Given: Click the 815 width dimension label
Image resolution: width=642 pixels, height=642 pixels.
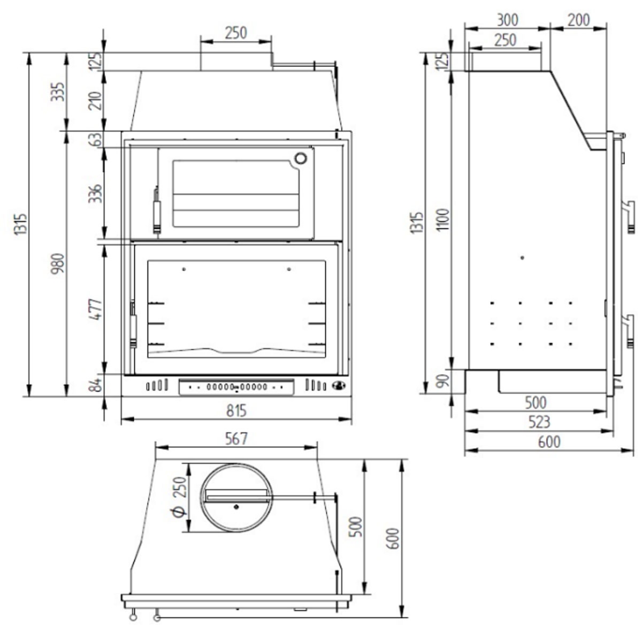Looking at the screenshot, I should tap(236, 410).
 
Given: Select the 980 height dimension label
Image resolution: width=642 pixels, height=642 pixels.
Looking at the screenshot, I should tap(59, 263).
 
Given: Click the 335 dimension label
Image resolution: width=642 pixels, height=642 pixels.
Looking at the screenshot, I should tap(59, 91).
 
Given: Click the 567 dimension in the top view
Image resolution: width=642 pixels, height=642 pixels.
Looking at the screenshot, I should tap(236, 439).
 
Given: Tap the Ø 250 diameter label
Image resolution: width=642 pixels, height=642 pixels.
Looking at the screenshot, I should tap(179, 497).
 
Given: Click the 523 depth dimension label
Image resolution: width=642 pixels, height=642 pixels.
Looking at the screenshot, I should tap(539, 422).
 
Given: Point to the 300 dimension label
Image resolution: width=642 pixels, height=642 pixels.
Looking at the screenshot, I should tap(507, 20).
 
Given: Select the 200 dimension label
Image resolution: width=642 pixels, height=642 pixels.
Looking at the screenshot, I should tap(578, 20).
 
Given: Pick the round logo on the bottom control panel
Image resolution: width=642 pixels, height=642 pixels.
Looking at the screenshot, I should tap(338, 385).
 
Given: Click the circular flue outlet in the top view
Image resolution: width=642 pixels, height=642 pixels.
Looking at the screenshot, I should tap(236, 498).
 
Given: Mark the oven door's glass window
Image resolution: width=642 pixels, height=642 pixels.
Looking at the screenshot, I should tap(236, 194).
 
